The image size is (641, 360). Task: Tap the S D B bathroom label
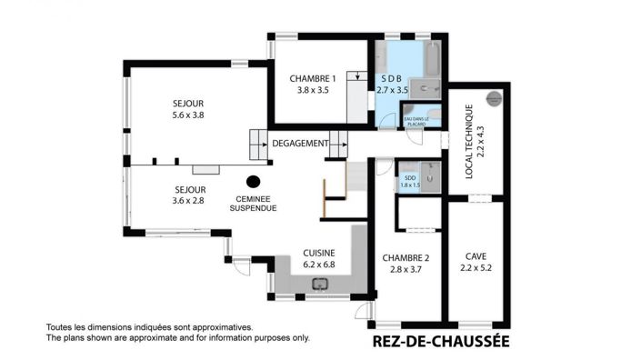click(394, 78)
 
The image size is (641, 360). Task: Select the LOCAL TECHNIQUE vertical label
click(469, 142)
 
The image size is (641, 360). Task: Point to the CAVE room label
click(476, 256)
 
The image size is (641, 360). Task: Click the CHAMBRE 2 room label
click(405, 256)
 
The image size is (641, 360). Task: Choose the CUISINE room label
click(319, 253)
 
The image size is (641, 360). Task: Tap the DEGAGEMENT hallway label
click(299, 144)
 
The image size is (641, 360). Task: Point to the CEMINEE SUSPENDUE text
click(255, 203)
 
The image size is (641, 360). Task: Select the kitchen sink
click(320, 285)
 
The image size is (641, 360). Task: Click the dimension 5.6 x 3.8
click(188, 115)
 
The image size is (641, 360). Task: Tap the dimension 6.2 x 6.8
click(319, 265)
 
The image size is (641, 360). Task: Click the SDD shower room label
click(411, 177)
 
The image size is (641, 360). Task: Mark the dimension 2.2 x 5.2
click(476, 268)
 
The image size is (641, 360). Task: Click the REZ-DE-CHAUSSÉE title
click(441, 342)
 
